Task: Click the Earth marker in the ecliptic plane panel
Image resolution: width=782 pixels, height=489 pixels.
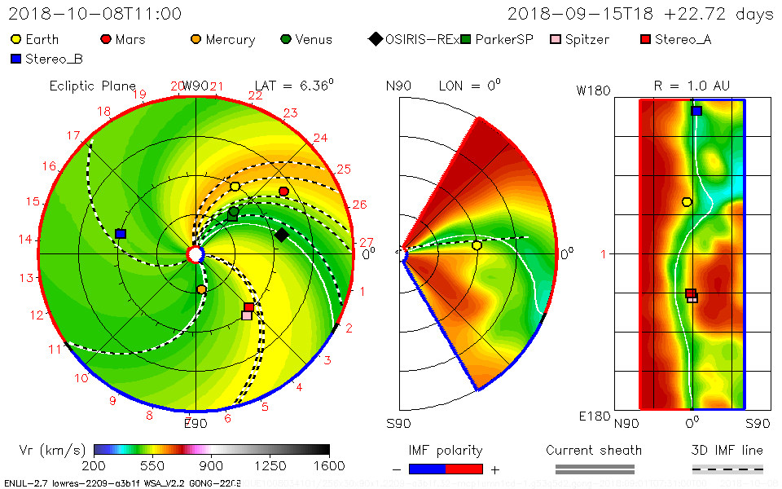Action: pyautogui.click(x=235, y=187)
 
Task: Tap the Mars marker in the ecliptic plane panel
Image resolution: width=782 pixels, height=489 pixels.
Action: pyautogui.click(x=283, y=192)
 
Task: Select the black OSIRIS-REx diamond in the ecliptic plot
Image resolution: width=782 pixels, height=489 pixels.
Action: pyautogui.click(x=281, y=235)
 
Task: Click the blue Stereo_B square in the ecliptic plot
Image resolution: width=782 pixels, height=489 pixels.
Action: pyautogui.click(x=121, y=234)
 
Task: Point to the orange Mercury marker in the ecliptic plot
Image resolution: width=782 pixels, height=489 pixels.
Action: pyautogui.click(x=202, y=289)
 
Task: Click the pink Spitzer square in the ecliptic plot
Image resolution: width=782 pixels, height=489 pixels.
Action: pyautogui.click(x=247, y=315)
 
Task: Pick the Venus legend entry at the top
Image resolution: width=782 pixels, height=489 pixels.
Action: pyautogui.click(x=306, y=39)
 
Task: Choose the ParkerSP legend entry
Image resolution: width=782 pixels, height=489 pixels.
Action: pyautogui.click(x=497, y=39)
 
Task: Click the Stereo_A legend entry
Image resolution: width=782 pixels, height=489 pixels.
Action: pyautogui.click(x=675, y=39)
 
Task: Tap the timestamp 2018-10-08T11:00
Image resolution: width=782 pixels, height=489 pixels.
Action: pyautogui.click(x=83, y=14)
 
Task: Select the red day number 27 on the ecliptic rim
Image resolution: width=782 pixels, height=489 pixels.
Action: pyautogui.click(x=366, y=242)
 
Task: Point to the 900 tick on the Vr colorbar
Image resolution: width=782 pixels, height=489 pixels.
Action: pyautogui.click(x=212, y=465)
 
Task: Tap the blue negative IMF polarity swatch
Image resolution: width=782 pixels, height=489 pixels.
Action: pyautogui.click(x=427, y=469)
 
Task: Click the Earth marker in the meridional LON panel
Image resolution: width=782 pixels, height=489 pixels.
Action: pyautogui.click(x=477, y=245)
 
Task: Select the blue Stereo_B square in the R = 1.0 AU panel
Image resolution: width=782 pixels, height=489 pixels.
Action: pyautogui.click(x=696, y=111)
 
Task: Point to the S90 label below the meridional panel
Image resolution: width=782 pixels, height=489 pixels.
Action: pyautogui.click(x=398, y=423)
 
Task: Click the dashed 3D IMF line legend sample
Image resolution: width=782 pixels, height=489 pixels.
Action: pyautogui.click(x=727, y=469)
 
